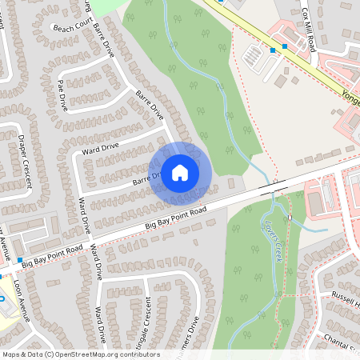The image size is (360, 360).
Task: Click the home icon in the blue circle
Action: coord(180,173)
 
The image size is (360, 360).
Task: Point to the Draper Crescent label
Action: coord(25,159)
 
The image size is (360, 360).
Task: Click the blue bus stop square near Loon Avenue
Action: coord(20,261)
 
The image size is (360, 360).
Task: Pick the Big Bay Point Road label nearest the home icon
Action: coord(176,218)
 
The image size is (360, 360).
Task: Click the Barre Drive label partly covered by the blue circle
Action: coord(142,181)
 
